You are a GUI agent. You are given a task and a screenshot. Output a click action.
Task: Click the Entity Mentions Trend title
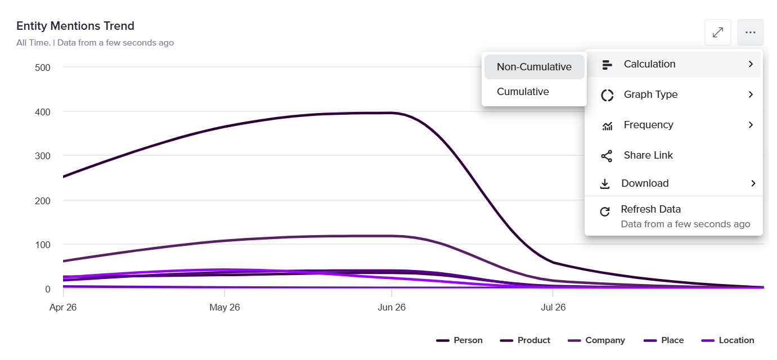pyautogui.click(x=75, y=26)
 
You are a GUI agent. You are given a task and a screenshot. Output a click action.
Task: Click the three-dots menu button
pyautogui.click(x=751, y=32)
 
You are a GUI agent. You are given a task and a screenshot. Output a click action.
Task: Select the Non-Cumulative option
pyautogui.click(x=534, y=66)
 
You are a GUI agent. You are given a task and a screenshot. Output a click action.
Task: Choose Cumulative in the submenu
pyautogui.click(x=523, y=92)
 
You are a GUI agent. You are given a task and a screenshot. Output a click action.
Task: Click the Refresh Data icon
pyautogui.click(x=605, y=211)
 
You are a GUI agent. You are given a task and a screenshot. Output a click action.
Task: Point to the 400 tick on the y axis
pyautogui.click(x=43, y=112)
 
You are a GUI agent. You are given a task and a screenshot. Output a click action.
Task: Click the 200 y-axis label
pyautogui.click(x=43, y=201)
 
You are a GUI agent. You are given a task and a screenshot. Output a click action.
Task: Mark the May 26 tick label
pyautogui.click(x=224, y=307)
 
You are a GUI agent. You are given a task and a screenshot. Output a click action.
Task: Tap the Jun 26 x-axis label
pyautogui.click(x=392, y=307)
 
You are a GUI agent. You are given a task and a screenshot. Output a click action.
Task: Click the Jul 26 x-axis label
pyautogui.click(x=553, y=307)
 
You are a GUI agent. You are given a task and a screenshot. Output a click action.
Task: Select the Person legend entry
pyautogui.click(x=459, y=340)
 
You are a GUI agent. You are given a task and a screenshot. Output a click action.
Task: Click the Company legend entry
pyautogui.click(x=596, y=340)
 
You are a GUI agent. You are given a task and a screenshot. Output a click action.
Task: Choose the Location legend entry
pyautogui.click(x=727, y=340)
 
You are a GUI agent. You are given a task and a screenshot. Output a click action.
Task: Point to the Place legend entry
pyautogui.click(x=663, y=340)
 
